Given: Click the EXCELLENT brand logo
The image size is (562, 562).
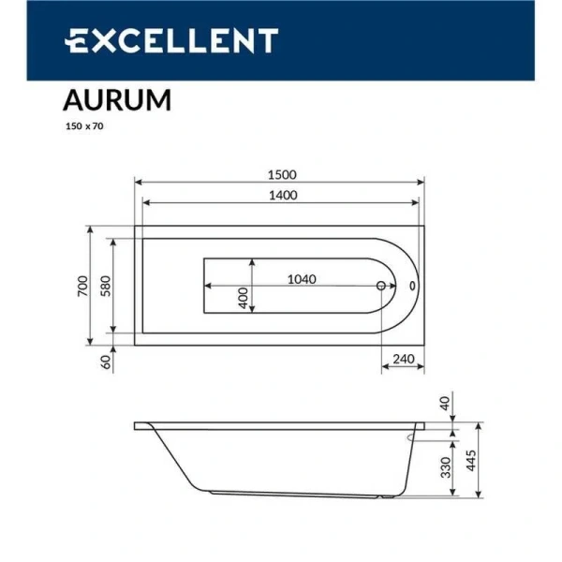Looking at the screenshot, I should tap(171, 40).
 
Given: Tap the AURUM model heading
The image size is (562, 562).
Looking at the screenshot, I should tap(116, 100).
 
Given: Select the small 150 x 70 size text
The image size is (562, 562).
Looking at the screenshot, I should tap(83, 126).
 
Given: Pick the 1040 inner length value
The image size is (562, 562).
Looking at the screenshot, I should tap(302, 278).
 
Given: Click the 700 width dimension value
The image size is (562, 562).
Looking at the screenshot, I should tap(82, 286).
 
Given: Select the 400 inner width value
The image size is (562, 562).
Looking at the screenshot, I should tap(244, 299).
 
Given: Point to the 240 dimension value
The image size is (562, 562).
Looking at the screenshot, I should tap(404, 359).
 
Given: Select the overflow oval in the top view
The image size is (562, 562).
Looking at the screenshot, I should tap(412, 287).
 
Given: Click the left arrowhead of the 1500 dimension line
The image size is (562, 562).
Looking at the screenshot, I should tap(139, 183).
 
